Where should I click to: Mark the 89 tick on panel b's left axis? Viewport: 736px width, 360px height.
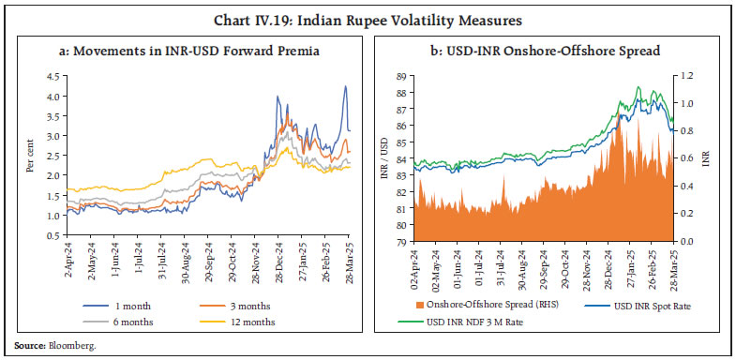pos(401,76)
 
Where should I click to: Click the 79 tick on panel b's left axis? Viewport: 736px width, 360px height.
pos(401,242)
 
